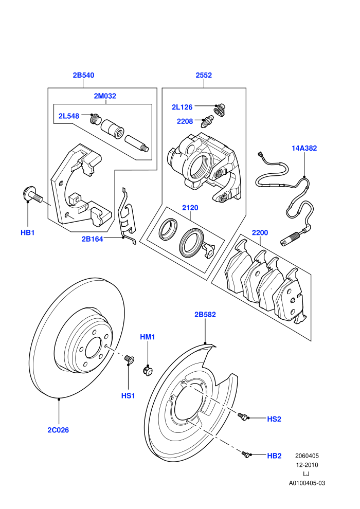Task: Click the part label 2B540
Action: point(83,75)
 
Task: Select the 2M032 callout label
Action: point(105,96)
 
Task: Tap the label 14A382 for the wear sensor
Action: point(304,149)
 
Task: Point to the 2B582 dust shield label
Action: point(205,315)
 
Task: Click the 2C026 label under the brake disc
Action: point(59,430)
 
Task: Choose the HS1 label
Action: point(128,396)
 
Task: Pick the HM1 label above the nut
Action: point(148,337)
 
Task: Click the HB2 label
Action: point(274,456)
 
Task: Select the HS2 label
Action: point(274,419)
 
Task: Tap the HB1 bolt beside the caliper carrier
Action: point(32,194)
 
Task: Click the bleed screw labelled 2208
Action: point(206,121)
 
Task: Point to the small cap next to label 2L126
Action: point(221,109)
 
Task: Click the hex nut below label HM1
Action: point(148,370)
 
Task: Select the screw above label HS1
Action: point(129,359)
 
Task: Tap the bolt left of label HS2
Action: point(242,416)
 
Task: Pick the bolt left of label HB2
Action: point(246,454)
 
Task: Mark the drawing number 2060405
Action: point(307,456)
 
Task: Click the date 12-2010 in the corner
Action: point(307,465)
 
